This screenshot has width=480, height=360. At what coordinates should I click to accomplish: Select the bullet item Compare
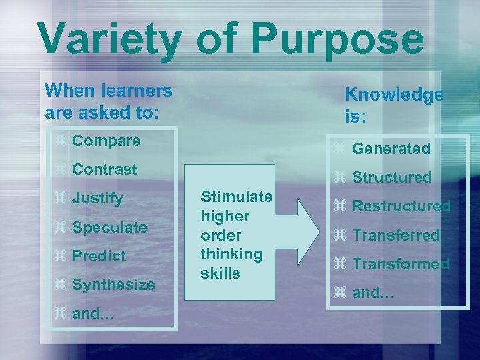(106, 141)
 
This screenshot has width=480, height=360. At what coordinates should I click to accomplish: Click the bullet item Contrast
(105, 169)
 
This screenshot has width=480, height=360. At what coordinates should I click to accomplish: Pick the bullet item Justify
(97, 199)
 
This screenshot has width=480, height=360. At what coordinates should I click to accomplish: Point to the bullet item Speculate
(109, 227)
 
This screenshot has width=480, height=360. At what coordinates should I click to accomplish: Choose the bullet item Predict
(99, 256)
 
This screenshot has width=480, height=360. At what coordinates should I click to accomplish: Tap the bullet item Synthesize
(113, 285)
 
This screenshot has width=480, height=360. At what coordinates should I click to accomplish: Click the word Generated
(391, 149)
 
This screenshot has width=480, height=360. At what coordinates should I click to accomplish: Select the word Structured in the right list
(392, 177)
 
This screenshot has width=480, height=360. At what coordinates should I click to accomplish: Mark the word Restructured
(401, 206)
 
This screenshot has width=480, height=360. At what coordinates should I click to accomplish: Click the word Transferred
(396, 235)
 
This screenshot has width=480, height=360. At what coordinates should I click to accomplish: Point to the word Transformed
(401, 264)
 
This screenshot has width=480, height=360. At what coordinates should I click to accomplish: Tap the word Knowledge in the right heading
(393, 95)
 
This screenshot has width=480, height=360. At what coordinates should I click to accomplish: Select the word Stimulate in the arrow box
(237, 197)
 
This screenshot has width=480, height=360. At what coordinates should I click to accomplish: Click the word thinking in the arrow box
(231, 254)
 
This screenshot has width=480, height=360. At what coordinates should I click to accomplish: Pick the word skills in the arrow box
(221, 273)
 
